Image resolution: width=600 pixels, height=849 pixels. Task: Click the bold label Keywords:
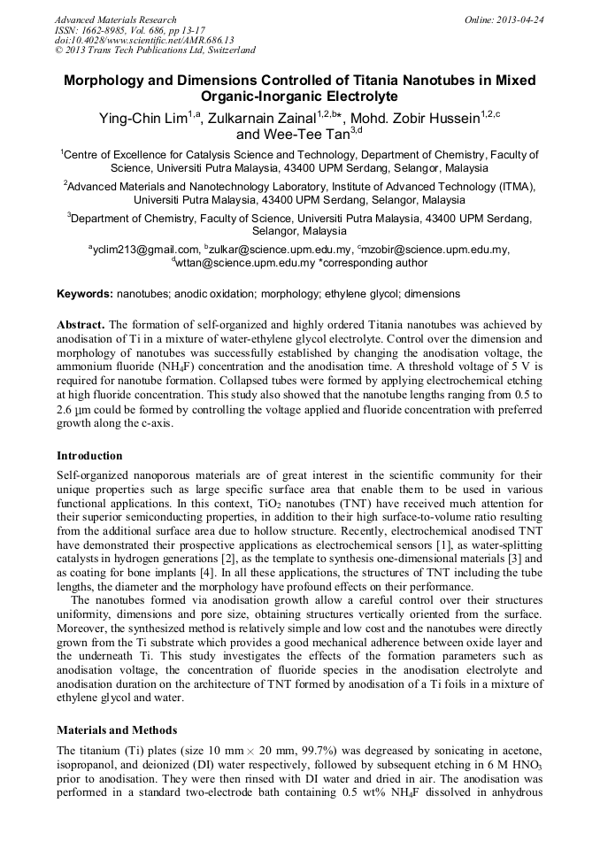[x=85, y=293]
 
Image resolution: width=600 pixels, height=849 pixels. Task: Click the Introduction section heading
[x=89, y=456]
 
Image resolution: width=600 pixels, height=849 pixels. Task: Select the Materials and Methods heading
[x=117, y=730]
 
